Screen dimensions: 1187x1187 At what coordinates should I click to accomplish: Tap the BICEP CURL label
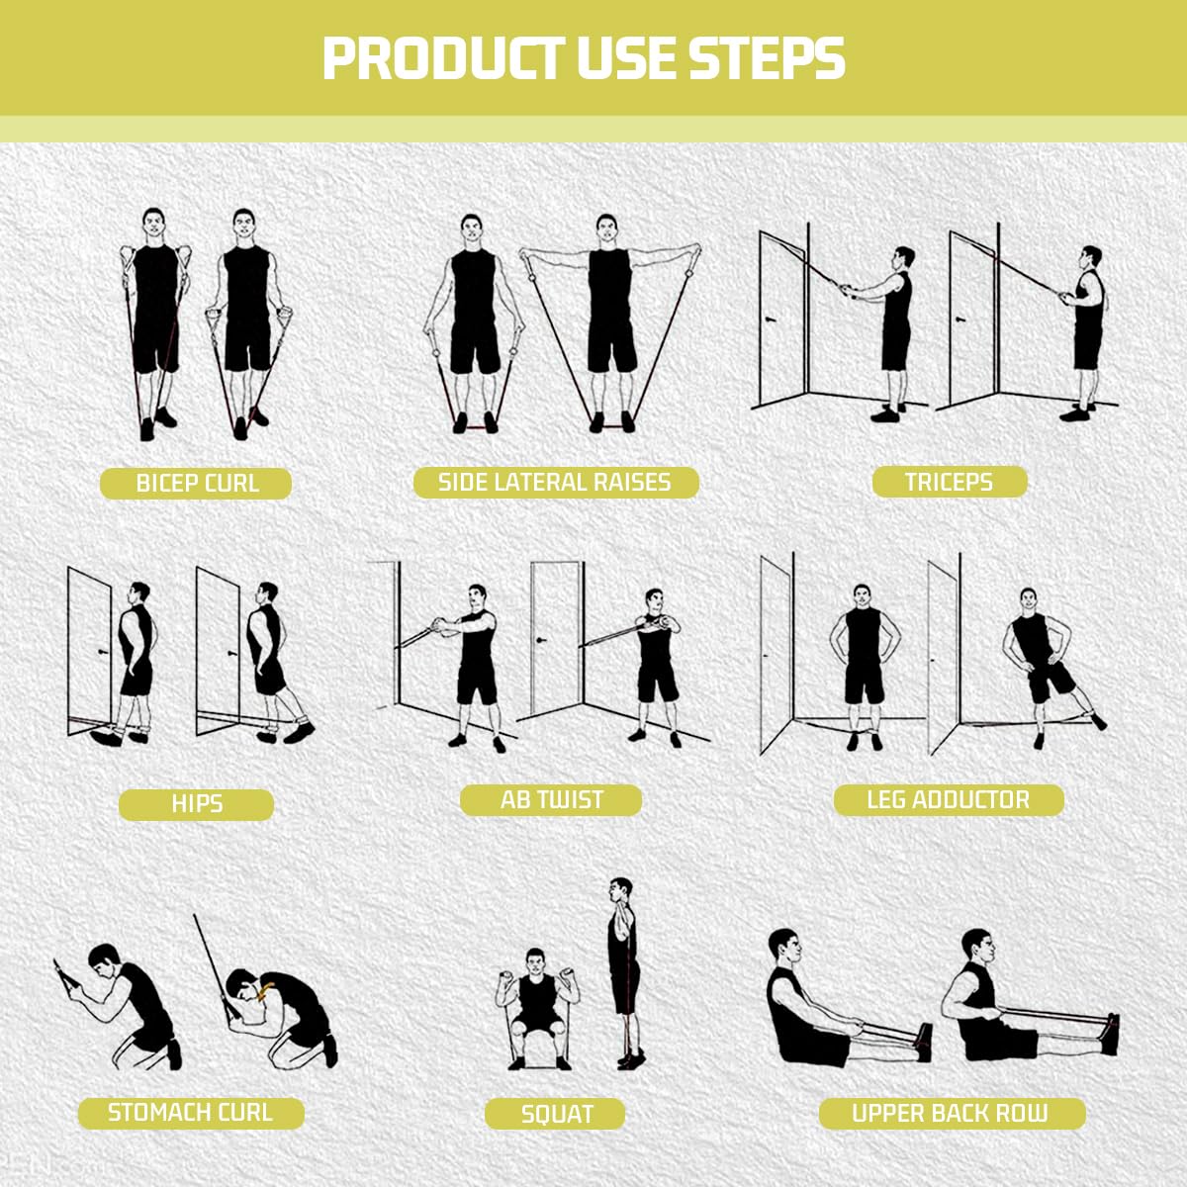pyautogui.click(x=196, y=484)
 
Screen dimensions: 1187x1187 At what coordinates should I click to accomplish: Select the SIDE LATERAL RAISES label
pyautogui.click(x=555, y=482)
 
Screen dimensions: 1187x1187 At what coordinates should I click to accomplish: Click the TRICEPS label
pyautogui.click(x=949, y=482)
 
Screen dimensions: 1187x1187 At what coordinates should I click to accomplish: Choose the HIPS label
pyautogui.click(x=196, y=804)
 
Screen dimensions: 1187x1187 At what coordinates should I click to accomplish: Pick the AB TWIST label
pyautogui.click(x=551, y=799)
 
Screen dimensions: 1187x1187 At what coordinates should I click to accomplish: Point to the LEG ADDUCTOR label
pyautogui.click(x=948, y=799)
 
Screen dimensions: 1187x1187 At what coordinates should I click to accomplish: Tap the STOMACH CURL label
pyautogui.click(x=190, y=1112)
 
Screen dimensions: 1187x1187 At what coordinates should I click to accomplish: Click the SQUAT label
pyautogui.click(x=556, y=1115)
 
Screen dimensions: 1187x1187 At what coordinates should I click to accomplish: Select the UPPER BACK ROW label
pyautogui.click(x=950, y=1113)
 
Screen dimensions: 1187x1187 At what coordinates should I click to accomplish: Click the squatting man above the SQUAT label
pyautogui.click(x=535, y=1004)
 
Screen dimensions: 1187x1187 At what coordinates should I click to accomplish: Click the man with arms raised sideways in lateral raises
pyautogui.click(x=610, y=317)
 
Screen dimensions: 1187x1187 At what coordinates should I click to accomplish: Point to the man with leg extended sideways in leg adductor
pyautogui.click(x=1039, y=663)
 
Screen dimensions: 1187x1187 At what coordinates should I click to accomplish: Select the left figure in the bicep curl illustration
pyautogui.click(x=155, y=317)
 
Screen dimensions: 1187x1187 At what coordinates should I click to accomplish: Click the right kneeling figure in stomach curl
pyautogui.click(x=282, y=1014)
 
